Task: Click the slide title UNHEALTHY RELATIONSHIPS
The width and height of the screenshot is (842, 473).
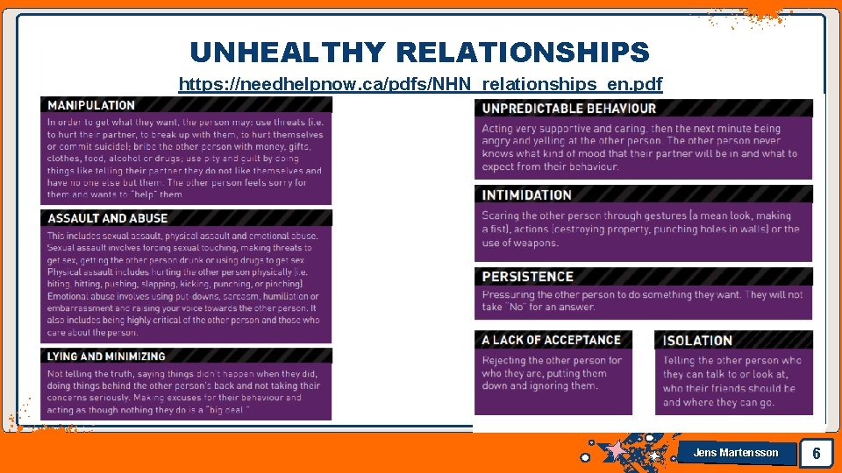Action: (419, 53)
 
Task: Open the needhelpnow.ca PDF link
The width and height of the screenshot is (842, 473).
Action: (420, 84)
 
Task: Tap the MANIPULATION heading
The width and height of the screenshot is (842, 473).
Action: (91, 105)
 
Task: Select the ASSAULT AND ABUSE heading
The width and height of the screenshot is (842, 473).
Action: (107, 218)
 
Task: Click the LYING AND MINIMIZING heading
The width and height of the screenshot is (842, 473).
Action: (106, 357)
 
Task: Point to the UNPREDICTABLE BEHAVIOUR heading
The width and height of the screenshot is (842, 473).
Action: (568, 109)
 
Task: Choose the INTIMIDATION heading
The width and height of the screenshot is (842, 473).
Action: (526, 194)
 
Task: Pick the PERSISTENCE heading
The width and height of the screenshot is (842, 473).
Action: (527, 277)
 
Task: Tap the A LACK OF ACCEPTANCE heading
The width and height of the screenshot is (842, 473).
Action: (551, 340)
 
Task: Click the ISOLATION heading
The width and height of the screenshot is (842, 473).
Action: (697, 341)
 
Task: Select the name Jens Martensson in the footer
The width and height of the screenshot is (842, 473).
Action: (735, 453)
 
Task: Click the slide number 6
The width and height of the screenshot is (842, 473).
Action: (817, 453)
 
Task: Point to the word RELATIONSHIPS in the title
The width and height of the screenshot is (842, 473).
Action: (523, 53)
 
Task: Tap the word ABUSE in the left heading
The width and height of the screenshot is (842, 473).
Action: (149, 218)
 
